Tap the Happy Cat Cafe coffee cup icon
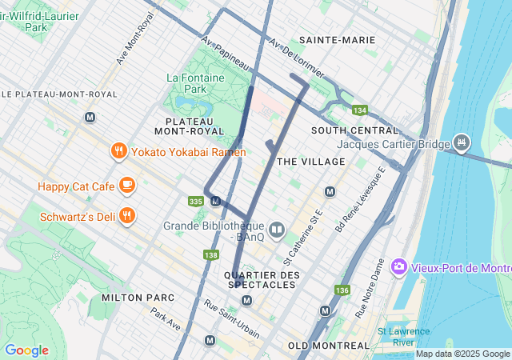[x=126, y=186]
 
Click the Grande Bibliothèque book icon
[x=277, y=231]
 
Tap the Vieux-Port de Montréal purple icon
[x=399, y=267]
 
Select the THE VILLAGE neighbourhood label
[x=311, y=162]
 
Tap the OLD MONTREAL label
[x=329, y=346]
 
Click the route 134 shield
[x=359, y=110]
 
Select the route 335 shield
[x=195, y=201]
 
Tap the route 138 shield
[x=210, y=255]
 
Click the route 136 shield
[x=343, y=290]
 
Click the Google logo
[x=26, y=350]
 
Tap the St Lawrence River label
[x=403, y=337]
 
